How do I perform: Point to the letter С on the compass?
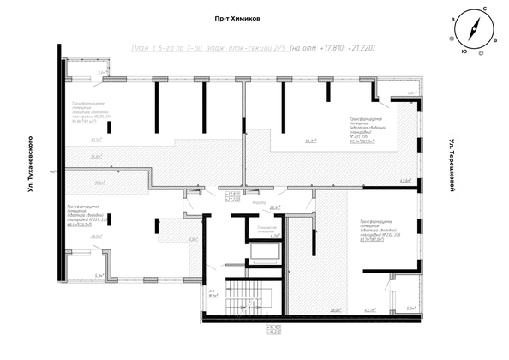(485, 9)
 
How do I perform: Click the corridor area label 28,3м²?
(276, 207)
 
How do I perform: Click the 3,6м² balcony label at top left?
(101, 73)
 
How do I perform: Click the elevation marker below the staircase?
(251, 331)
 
